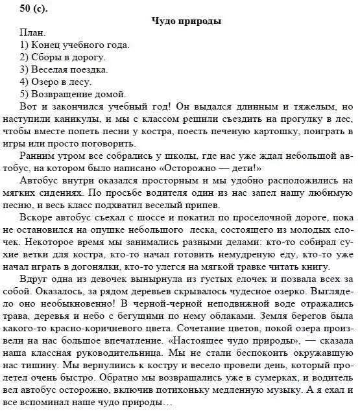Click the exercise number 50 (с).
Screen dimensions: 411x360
click(x=23, y=7)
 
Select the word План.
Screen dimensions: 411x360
click(x=33, y=32)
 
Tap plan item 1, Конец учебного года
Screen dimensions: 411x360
click(x=75, y=45)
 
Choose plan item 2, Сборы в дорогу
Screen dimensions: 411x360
click(x=66, y=57)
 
